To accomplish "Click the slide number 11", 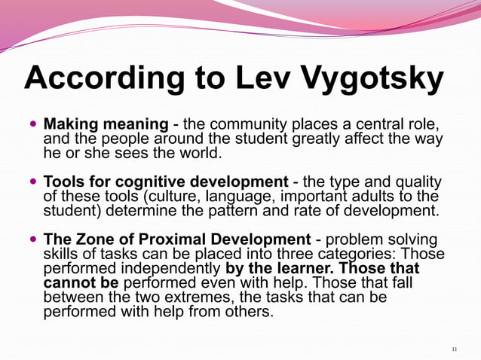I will [454, 349].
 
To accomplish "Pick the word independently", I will [169, 268].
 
